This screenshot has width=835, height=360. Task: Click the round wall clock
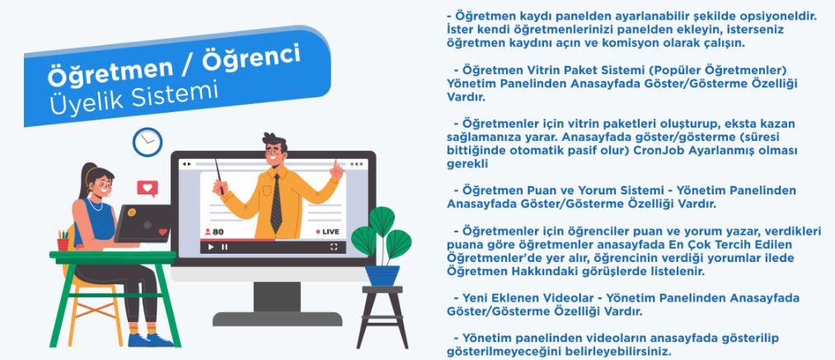point(148,143)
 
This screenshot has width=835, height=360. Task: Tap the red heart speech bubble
point(148,189)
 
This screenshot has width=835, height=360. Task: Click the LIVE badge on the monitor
point(327,231)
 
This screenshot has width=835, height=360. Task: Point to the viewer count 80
point(214,232)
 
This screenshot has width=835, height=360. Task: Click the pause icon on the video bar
point(225,247)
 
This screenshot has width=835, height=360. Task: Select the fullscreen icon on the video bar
point(334,247)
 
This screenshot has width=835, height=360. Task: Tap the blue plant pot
point(382,275)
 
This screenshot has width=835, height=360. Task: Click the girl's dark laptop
point(143,223)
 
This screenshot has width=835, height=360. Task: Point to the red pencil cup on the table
point(63,243)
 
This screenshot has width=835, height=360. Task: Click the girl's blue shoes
point(150,340)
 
